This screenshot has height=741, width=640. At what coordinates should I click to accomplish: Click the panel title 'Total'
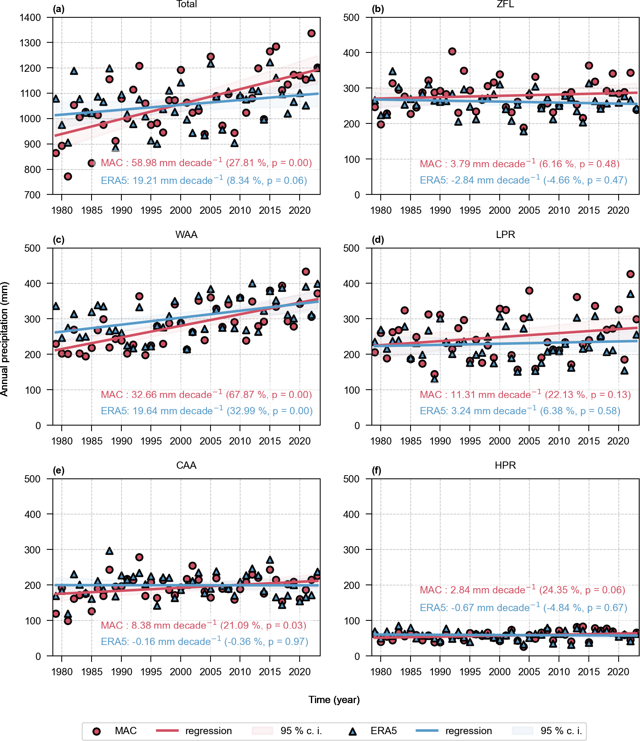coord(186,4)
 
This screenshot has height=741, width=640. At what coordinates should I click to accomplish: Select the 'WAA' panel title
coord(186,235)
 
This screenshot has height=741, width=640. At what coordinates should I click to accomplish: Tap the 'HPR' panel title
coord(505,465)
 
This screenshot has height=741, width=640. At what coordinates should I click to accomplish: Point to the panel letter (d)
coord(378,240)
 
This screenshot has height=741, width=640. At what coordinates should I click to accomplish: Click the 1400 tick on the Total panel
coord(30,18)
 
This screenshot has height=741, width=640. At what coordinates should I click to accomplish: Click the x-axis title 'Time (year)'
coord(334,700)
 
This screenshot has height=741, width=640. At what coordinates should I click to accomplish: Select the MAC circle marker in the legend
coord(97,731)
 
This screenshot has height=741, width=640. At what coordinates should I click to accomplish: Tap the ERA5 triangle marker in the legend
coord(353,731)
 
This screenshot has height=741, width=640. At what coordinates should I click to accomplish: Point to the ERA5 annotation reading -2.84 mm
coord(523,180)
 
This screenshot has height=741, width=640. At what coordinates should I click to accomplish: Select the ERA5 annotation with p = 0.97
coord(204,642)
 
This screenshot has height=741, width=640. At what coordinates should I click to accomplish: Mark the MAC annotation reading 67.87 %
coord(206,395)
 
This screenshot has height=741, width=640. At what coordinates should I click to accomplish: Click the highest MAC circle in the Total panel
coord(311,33)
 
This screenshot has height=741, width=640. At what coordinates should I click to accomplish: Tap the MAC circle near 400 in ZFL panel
coord(452,51)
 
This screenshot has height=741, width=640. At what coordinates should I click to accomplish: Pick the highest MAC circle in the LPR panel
coord(630,274)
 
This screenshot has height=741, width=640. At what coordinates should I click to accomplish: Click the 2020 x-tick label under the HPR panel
coord(618,672)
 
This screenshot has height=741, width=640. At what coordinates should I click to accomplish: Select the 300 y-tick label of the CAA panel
coord(33,550)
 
